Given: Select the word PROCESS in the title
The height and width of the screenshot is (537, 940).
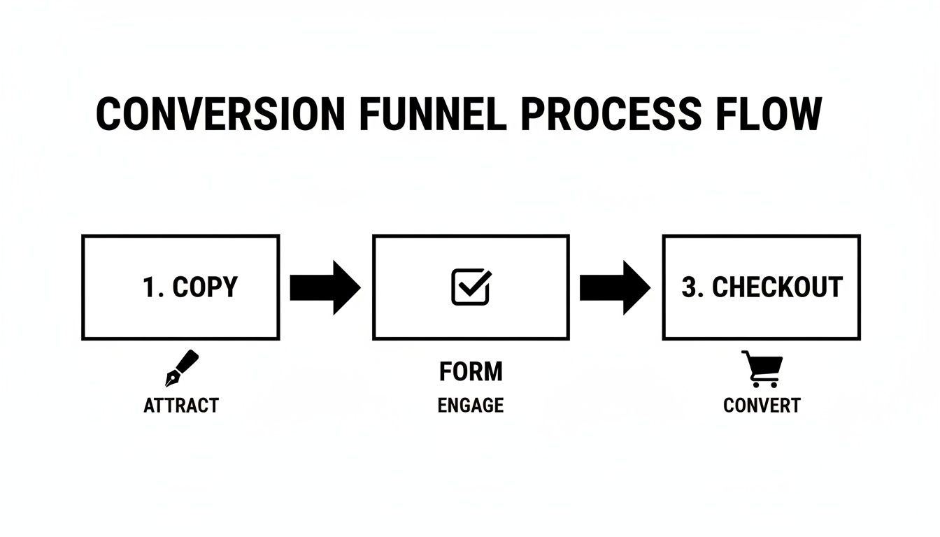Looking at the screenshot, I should click(x=611, y=114).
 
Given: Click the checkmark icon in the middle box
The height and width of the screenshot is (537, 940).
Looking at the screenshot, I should click(x=471, y=287).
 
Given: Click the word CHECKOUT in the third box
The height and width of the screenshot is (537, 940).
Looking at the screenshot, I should click(x=777, y=287).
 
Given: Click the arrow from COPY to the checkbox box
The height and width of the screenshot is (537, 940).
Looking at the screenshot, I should click(x=325, y=287).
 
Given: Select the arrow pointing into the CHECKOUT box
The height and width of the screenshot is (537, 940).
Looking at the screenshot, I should click(x=615, y=287).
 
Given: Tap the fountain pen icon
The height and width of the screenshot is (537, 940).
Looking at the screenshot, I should click(x=181, y=368).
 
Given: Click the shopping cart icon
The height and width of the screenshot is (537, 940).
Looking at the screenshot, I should click(x=762, y=368).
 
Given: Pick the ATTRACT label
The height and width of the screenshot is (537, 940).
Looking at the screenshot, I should click(x=181, y=406).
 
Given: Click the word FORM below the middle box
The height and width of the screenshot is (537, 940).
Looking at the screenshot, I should click(x=471, y=372).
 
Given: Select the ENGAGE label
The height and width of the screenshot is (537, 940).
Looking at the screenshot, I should click(x=471, y=406).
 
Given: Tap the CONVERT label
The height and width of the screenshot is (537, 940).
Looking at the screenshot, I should click(x=762, y=406).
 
